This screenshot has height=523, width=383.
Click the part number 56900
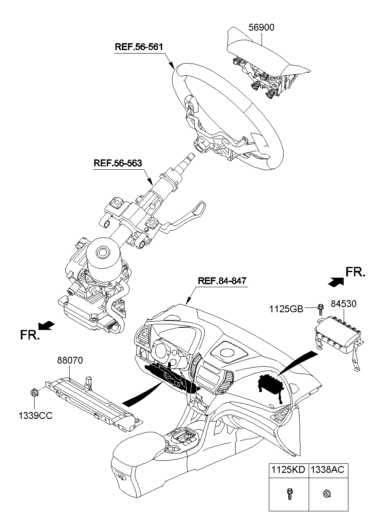tap(261, 28)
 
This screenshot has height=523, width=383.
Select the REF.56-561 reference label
tap(139, 47)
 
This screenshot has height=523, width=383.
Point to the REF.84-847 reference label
tap(222, 281)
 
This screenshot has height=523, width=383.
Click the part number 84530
tap(344, 304)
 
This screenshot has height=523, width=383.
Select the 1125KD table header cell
tap(288, 470)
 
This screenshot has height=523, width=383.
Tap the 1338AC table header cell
tap(327, 470)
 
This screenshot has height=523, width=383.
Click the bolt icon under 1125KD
tap(288, 494)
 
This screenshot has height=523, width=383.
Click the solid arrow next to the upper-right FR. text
tap(336, 281)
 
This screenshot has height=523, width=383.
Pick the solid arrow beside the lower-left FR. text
tap(47, 324)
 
